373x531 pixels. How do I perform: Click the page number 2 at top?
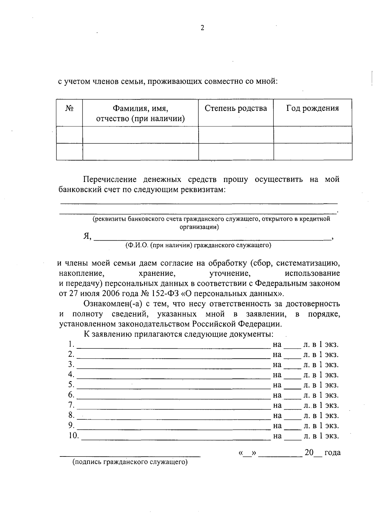[x=202, y=28]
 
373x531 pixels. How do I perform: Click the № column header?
[x=70, y=108]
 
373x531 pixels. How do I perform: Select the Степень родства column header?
[x=236, y=108]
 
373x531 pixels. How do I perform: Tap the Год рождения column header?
[x=312, y=108]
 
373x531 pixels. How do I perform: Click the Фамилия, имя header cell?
[x=140, y=113]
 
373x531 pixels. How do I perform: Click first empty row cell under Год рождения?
[x=313, y=135]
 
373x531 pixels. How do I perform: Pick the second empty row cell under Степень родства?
[x=236, y=152]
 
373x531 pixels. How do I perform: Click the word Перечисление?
[x=110, y=179]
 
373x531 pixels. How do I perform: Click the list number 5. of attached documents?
[x=71, y=385]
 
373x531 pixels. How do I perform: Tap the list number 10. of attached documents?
[x=73, y=436]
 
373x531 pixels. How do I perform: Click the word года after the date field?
[x=332, y=452]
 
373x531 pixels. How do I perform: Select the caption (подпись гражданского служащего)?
[x=130, y=462]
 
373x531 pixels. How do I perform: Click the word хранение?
[x=156, y=273]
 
